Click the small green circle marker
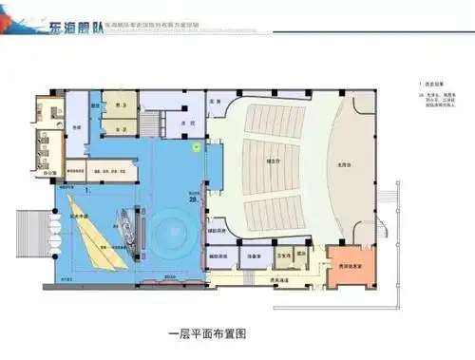coord(196,146)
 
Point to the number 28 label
coord(194,199)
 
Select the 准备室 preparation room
coord(255,256)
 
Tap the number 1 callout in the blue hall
coord(87,191)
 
